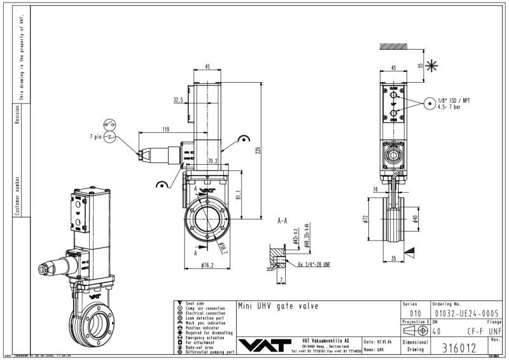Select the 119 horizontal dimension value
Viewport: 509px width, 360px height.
click(x=165, y=129)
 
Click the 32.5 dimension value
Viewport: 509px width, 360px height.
click(x=178, y=100)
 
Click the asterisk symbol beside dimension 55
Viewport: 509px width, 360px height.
click(x=433, y=65)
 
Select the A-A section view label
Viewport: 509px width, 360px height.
click(x=284, y=221)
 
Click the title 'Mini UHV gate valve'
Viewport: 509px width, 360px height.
click(x=277, y=306)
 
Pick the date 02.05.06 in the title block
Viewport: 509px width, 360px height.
click(x=381, y=342)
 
